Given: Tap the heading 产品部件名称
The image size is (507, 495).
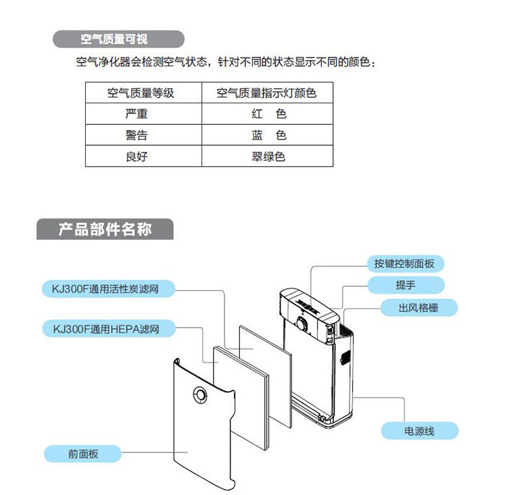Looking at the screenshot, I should click(x=105, y=230).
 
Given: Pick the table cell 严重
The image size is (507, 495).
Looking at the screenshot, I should click(x=137, y=114).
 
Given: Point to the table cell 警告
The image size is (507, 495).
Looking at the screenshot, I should click(x=137, y=135).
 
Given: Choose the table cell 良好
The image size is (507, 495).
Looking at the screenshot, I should click(x=137, y=156).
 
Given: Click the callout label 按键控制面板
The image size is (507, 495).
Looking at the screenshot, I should click(x=404, y=263).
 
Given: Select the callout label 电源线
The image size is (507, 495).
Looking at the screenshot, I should click(x=419, y=430).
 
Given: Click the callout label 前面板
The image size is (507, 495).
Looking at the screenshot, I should click(x=83, y=454).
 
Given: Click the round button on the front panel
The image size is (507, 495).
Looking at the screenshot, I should click(x=200, y=394).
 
